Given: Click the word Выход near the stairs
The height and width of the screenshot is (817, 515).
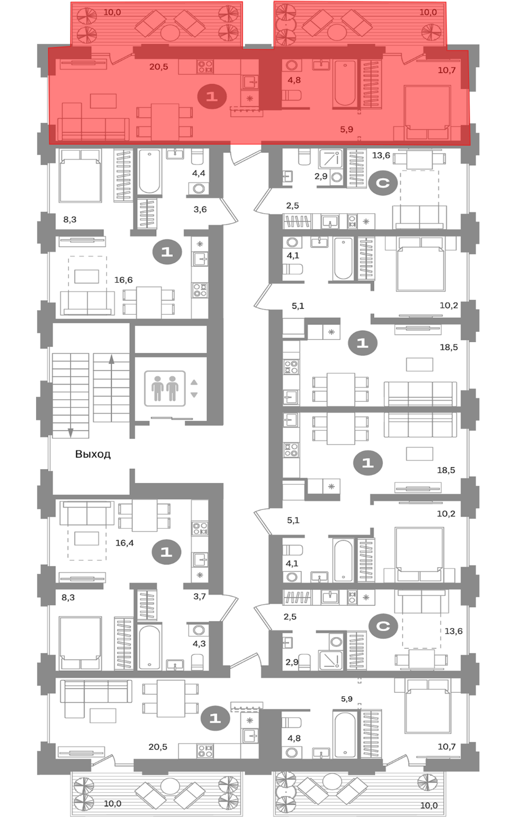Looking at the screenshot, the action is [x=93, y=454].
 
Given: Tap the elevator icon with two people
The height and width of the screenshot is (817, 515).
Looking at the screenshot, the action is [x=165, y=388].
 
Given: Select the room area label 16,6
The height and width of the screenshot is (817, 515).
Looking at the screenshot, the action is [x=123, y=280].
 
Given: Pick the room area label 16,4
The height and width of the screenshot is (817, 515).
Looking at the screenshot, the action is [x=125, y=543].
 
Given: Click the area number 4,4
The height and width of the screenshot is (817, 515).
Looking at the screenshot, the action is [x=199, y=173].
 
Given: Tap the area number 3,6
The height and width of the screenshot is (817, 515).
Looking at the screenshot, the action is [x=200, y=209].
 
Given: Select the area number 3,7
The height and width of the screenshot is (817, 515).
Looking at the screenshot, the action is [x=199, y=597].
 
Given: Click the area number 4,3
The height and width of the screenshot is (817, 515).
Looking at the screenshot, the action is [x=199, y=644].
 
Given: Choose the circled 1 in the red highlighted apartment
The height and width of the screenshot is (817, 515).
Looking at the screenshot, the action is [x=212, y=97].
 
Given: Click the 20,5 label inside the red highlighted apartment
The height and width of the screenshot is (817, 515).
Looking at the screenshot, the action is [x=159, y=67].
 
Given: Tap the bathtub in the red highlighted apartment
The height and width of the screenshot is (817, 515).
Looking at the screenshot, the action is [x=345, y=83].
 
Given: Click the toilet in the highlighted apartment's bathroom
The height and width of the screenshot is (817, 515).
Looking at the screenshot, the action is [x=291, y=96].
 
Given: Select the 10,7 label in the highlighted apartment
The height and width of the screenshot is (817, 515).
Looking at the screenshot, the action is [x=447, y=71].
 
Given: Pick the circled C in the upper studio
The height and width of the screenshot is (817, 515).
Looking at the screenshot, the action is [x=383, y=183].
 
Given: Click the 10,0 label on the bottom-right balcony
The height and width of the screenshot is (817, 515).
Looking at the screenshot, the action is [x=428, y=806].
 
